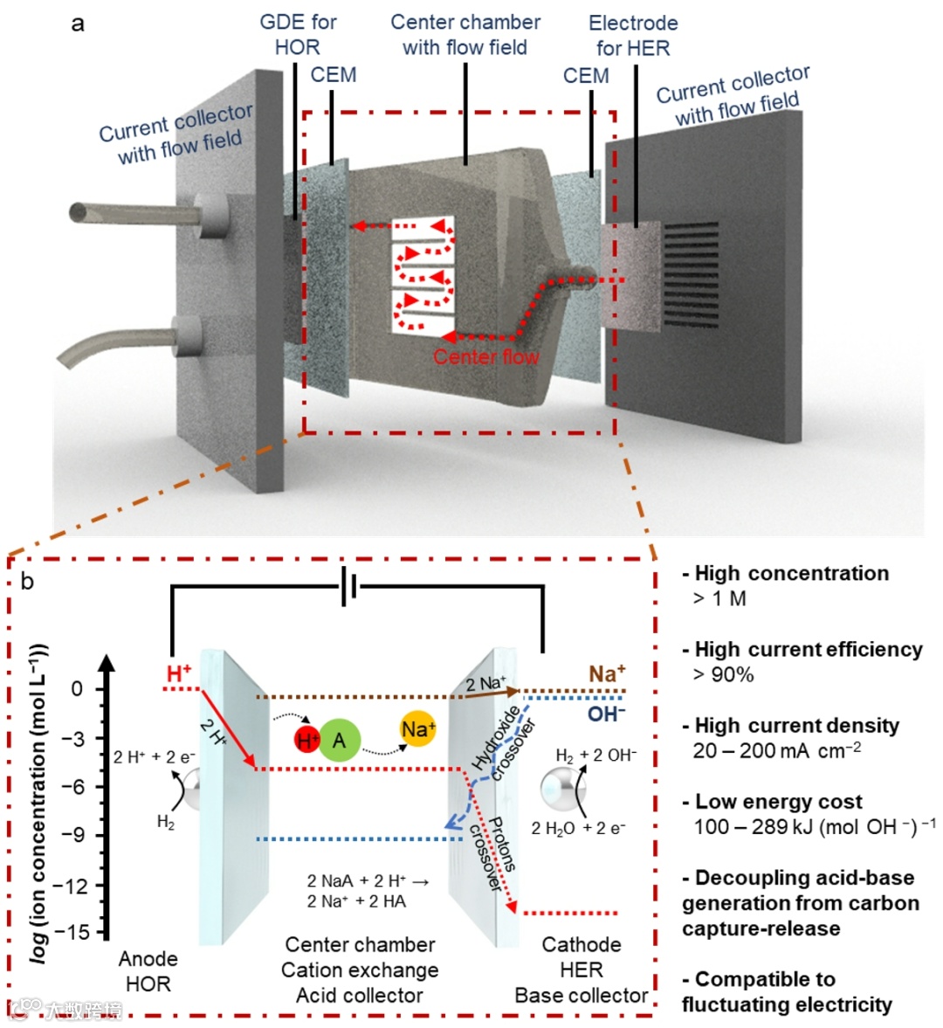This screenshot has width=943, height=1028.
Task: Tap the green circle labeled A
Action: (340, 741)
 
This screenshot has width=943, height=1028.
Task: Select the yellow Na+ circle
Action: (417, 729)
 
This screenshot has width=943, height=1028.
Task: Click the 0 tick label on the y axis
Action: (78, 689)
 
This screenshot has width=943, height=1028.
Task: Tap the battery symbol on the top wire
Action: (350, 589)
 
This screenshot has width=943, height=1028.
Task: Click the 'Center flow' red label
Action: (485, 357)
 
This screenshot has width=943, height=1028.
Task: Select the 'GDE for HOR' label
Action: (298, 35)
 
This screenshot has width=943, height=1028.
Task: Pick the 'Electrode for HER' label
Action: (633, 36)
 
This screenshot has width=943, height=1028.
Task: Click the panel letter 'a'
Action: (78, 24)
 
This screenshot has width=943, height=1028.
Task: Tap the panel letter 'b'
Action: (28, 581)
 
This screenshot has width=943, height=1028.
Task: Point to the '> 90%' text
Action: (723, 674)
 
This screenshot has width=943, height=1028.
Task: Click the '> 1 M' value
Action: (719, 598)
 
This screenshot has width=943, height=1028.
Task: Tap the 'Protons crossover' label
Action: (493, 852)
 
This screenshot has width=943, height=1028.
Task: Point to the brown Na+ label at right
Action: (607, 673)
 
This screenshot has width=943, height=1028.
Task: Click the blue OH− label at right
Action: (606, 714)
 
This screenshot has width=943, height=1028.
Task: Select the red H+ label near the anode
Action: (179, 673)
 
